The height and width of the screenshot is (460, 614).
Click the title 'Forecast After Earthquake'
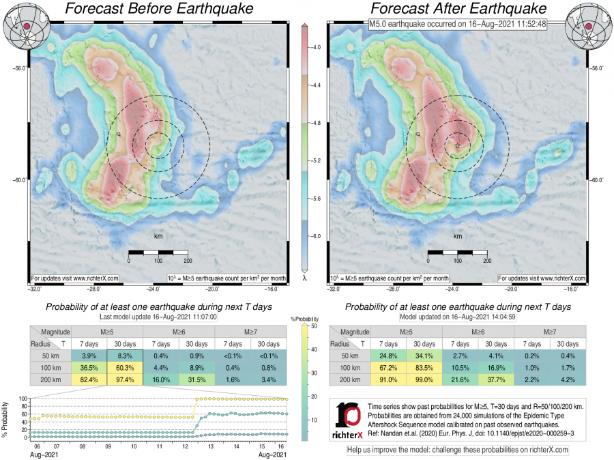click(458, 10)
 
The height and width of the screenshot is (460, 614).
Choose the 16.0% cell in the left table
click(162, 380)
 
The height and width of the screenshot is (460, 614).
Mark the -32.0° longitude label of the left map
click(30, 289)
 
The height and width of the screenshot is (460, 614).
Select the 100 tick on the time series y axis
click(21, 399)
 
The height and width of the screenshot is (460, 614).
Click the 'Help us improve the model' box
click(457, 450)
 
